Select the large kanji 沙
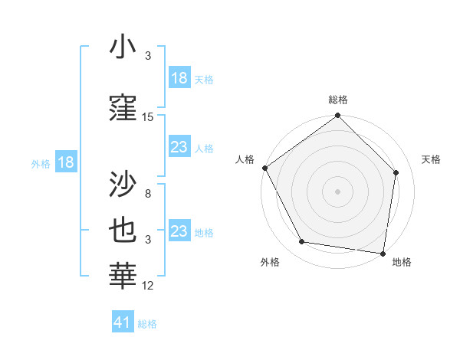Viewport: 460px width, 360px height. pos(123,185)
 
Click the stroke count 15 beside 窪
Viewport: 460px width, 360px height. pos(148,117)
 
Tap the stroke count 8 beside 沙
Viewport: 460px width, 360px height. pos(148,194)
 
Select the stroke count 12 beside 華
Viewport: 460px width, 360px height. pos(148,286)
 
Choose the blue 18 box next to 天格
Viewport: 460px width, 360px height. pos(179,79)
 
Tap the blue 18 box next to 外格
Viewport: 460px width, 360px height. pos(65,162)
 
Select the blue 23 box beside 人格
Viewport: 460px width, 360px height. pos(179,147)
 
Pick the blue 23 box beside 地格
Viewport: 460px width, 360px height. pos(179,231)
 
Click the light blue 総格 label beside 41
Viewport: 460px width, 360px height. pos(147,324)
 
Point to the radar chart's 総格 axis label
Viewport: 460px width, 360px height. pos(337,100)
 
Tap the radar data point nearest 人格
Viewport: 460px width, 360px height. pos(264,168)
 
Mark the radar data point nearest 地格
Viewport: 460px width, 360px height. pos(383,252)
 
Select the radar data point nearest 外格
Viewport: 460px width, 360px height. pos(302,242)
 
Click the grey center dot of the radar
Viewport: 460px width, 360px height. pos(337,191)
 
